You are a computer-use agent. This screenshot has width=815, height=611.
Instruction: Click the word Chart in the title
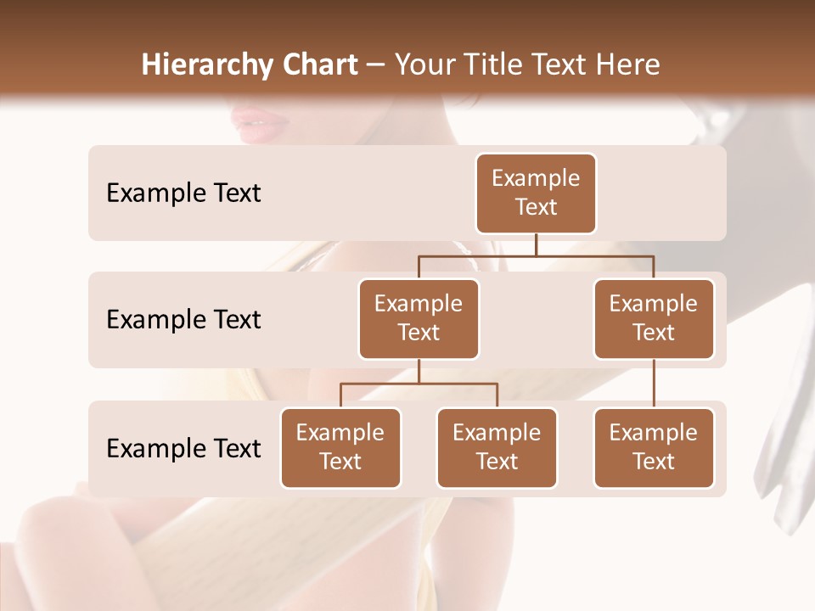click(x=319, y=64)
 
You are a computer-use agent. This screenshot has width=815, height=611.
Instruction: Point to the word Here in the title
click(x=629, y=64)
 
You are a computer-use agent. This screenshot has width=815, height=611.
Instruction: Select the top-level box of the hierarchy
click(x=536, y=193)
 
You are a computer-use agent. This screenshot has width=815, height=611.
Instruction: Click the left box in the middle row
click(x=419, y=318)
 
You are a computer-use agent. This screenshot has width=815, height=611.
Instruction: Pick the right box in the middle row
click(x=654, y=318)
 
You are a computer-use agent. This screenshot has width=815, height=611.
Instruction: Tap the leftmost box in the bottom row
click(x=340, y=447)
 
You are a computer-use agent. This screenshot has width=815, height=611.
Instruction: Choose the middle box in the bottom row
click(x=497, y=447)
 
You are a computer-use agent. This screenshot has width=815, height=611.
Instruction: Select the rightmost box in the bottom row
click(x=654, y=447)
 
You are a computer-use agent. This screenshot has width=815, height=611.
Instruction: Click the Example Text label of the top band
click(x=183, y=193)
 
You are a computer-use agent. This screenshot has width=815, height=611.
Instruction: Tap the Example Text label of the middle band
click(x=183, y=319)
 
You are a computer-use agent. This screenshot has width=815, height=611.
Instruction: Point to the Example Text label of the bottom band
click(x=183, y=448)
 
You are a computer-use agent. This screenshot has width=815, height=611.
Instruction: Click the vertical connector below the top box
click(x=536, y=244)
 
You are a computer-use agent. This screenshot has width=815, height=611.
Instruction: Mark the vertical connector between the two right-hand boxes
click(x=654, y=383)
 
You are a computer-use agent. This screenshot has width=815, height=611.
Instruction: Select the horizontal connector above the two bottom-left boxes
click(x=419, y=384)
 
